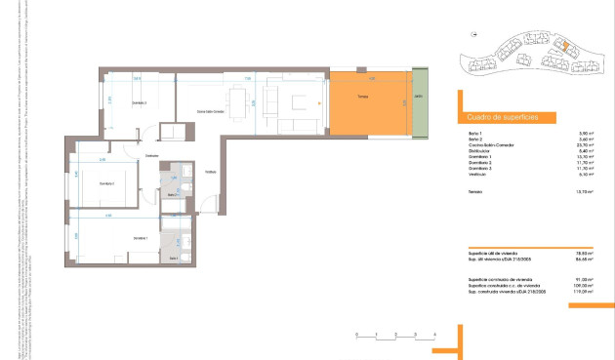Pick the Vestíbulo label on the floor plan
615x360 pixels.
point(210,174)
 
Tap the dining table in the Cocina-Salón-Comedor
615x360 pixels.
point(237,98)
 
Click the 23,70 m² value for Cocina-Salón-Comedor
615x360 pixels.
point(587,145)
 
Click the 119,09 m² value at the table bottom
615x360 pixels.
point(585,291)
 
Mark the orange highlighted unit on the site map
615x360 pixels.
point(562,44)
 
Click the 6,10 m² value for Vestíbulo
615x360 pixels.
point(587,176)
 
